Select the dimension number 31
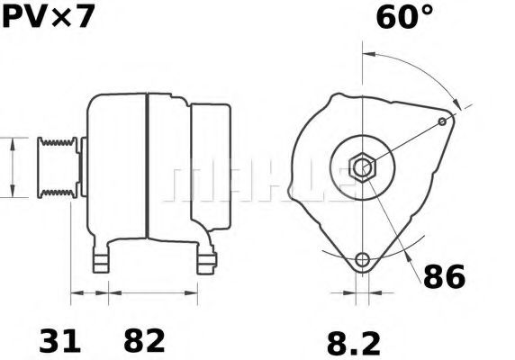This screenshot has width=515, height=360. [59, 340]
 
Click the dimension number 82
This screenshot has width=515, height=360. [143, 340]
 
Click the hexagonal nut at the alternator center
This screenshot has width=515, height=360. [362, 166]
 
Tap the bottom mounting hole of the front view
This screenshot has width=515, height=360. [362, 261]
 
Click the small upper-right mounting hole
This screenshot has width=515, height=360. [441, 121]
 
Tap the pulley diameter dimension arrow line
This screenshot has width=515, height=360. [12, 167]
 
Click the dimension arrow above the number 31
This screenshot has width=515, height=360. [90, 292]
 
